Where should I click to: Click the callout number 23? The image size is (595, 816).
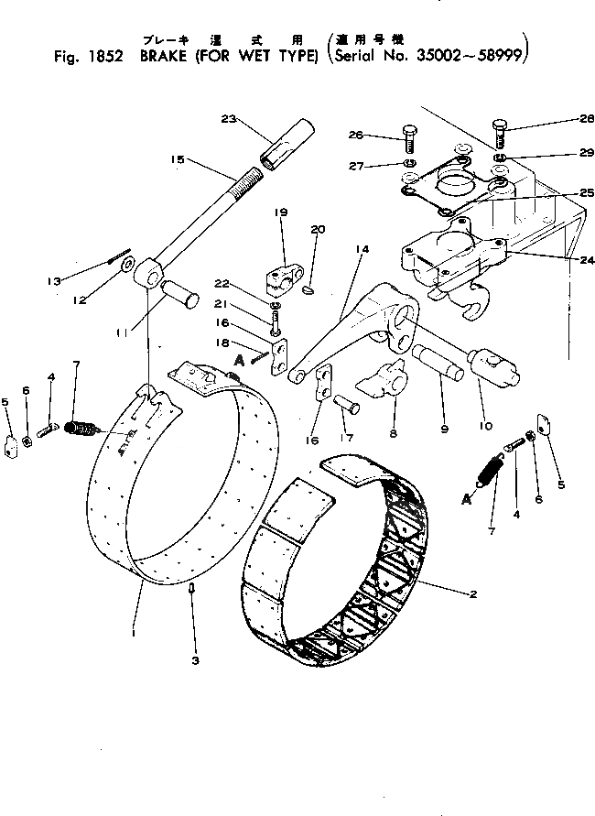point(229,117)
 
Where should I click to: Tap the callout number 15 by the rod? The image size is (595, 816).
point(178,159)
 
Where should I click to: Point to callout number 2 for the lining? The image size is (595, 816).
point(472,594)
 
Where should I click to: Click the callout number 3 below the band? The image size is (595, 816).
point(195,658)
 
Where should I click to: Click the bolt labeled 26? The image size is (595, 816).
point(409,143)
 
